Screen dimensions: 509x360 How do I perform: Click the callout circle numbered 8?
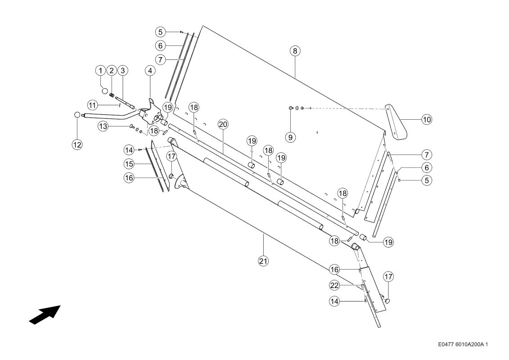295,51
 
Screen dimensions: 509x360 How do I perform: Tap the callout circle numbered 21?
263,261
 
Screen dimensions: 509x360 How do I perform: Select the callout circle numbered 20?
223,124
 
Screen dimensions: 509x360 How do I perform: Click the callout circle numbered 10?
427,119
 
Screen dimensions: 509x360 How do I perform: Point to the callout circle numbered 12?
77,144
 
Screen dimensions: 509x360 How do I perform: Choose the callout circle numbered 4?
150,71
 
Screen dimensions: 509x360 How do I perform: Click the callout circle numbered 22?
334,285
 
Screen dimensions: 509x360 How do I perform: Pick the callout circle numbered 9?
290,137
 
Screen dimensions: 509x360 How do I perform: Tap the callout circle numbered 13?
103,126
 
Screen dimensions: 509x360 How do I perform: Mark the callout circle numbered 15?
129,164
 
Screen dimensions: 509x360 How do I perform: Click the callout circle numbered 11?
93,105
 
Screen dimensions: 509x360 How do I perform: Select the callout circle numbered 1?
101,71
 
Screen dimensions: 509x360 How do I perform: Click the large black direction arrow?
45,315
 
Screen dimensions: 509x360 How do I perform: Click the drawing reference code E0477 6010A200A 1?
463,344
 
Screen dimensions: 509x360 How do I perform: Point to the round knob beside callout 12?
77,115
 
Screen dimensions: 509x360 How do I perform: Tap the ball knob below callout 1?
105,90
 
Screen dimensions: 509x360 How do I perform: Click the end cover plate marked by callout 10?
396,122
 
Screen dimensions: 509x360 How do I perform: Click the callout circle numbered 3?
122,71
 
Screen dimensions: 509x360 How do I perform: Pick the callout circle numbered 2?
111,71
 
